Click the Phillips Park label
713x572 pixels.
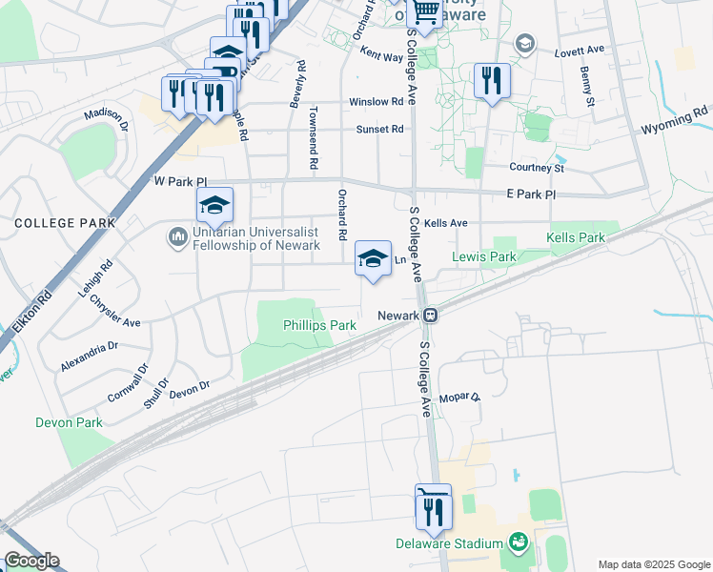click(319, 325)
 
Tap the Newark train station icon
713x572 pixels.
click(431, 316)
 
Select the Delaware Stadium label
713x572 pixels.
click(449, 543)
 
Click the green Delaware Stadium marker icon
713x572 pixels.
click(519, 543)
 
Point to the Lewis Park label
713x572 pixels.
click(483, 256)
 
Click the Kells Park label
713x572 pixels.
click(576, 237)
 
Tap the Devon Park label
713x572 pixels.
click(68, 421)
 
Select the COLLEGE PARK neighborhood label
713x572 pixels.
click(64, 223)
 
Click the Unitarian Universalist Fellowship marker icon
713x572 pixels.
click(177, 235)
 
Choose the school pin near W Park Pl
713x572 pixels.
click(214, 205)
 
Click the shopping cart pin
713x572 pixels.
click(424, 13)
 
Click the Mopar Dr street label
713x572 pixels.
click(461, 397)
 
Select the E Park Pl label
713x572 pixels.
click(531, 194)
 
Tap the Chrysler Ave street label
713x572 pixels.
click(115, 309)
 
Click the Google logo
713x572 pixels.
click(31, 561)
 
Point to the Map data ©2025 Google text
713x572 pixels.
click(653, 564)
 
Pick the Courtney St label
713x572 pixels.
click(537, 168)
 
